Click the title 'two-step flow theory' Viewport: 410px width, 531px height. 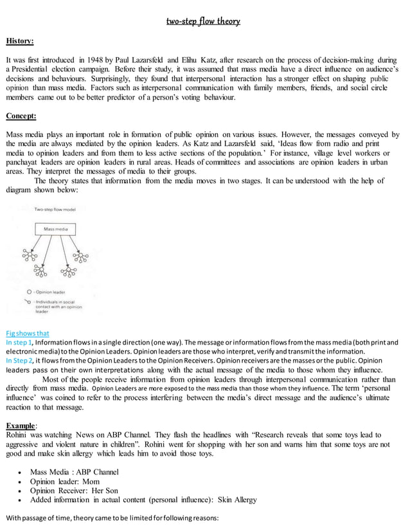click(203, 21)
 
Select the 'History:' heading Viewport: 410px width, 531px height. click(20, 40)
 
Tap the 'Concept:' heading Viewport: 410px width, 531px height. click(21, 116)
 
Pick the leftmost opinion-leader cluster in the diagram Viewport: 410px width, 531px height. click(29, 256)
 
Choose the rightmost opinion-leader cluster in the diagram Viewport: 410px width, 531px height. click(80, 258)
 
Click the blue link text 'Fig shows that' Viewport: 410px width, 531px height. click(27, 333)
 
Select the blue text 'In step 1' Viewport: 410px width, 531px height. click(20, 342)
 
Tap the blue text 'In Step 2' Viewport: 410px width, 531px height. click(21, 361)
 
